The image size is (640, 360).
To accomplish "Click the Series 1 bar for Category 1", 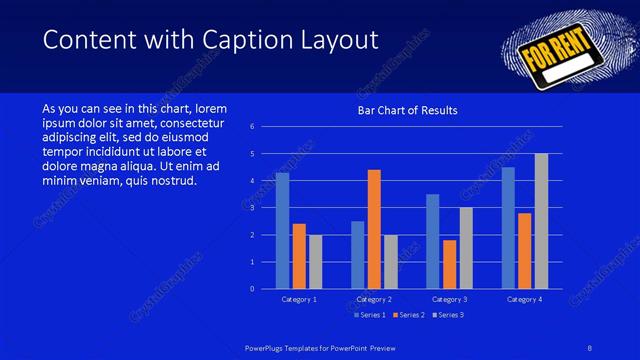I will click(282, 230).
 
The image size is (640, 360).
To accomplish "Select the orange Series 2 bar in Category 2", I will click(374, 229).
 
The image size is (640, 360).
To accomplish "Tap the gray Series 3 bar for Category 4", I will click(541, 221).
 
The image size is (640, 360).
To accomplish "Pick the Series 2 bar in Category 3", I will click(449, 264).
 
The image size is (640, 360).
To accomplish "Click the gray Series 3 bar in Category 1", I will click(316, 262).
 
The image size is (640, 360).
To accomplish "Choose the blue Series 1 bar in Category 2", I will click(358, 255).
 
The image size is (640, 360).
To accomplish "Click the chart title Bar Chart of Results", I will click(408, 111).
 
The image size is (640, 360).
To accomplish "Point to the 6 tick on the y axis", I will click(252, 127).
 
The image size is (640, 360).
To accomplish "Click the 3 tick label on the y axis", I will click(252, 208).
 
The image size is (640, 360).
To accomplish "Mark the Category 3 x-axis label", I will click(449, 299).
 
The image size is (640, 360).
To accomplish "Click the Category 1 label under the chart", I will click(299, 299).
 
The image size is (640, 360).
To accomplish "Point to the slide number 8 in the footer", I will click(589, 347).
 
